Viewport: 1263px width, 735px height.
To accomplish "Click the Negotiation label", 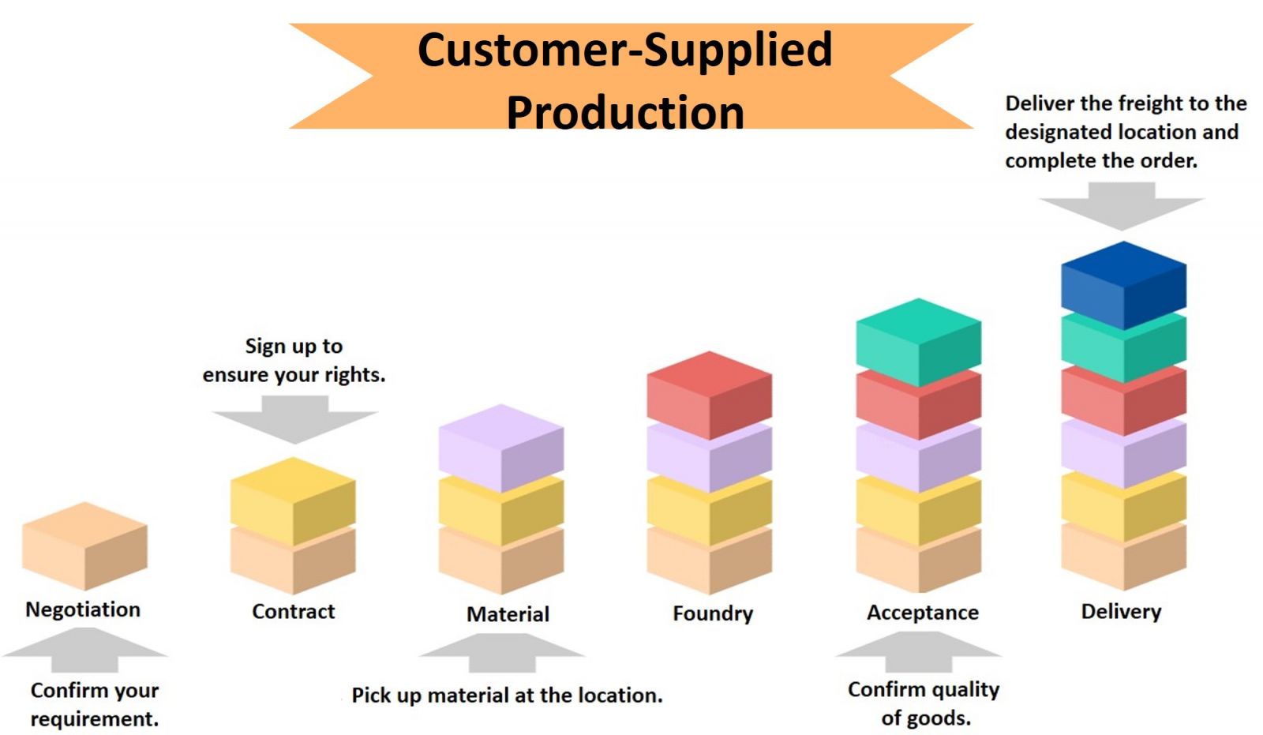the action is click(83, 609).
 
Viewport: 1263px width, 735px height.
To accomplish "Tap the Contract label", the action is click(293, 612).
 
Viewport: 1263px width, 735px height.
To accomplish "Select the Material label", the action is click(508, 614).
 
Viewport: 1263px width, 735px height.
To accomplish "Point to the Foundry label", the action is click(713, 613).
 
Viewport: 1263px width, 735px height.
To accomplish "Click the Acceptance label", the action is click(923, 613).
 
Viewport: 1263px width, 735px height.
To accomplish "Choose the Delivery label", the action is click(1121, 612).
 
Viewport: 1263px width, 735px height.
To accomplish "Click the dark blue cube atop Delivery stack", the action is click(1123, 285).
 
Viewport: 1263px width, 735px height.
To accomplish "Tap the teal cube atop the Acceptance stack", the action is click(919, 342).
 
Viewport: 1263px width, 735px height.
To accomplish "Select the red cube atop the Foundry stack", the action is click(710, 395).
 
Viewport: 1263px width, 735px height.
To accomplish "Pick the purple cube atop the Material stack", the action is click(501, 448).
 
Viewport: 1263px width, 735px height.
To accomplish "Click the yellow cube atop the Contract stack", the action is click(293, 501).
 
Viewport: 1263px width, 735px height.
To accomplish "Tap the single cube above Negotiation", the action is click(84, 546).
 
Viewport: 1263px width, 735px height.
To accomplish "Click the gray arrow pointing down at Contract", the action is click(295, 419).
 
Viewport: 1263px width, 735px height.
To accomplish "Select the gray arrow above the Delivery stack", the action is click(1122, 206).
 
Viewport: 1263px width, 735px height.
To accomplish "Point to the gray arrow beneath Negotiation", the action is click(84, 650).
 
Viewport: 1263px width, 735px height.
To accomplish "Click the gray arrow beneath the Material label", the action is click(502, 653).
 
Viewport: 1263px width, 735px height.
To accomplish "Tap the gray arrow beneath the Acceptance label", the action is click(919, 651).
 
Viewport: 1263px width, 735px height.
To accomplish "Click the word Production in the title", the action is click(625, 112).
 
